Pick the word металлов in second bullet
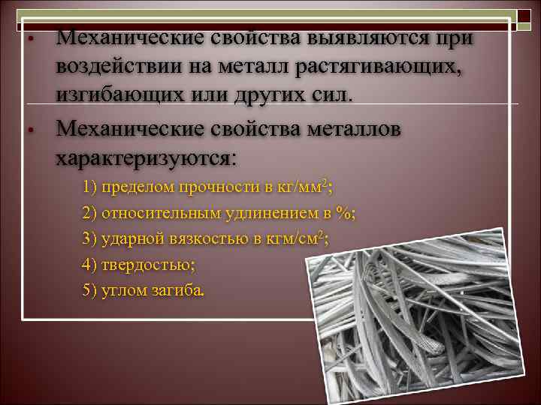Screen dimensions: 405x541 (x=345, y=128)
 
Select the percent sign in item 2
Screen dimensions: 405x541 (x=345, y=213)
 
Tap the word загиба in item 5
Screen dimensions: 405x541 (x=178, y=291)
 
